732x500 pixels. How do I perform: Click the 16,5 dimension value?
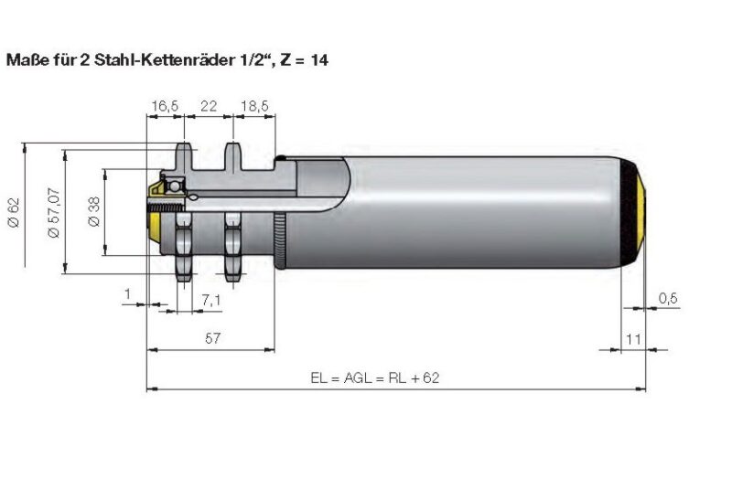coord(165,107)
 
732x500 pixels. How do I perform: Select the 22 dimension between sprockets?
coord(209,107)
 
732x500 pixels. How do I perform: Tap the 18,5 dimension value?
coord(253,107)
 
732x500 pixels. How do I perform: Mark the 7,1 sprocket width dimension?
coord(210,300)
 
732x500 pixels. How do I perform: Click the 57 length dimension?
coord(211,338)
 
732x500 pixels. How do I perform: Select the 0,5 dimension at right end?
coord(668,299)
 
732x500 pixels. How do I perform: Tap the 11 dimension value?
coord(631,338)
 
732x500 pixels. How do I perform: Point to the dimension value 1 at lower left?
coord(129,293)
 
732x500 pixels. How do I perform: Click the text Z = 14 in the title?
coord(303,61)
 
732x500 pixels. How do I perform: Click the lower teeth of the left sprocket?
coord(186,265)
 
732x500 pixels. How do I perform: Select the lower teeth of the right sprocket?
coord(233,265)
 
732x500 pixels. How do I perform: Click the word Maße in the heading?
coord(26,61)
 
